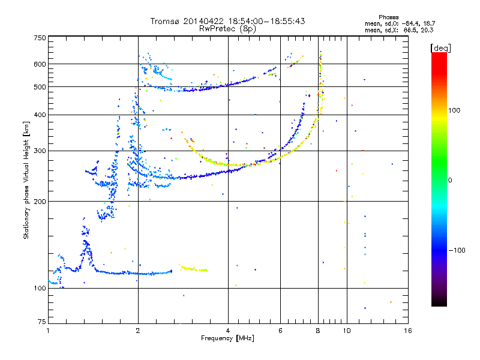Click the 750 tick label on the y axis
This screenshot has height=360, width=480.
(40, 38)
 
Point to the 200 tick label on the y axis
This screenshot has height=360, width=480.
(40, 202)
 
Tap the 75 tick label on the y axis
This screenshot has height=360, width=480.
(42, 322)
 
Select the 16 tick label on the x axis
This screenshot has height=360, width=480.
(407, 331)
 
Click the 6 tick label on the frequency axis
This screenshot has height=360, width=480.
(280, 331)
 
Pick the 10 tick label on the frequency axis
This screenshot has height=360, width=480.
(347, 331)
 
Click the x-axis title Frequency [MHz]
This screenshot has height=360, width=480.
(227, 338)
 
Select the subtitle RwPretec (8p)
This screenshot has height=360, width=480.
(227, 29)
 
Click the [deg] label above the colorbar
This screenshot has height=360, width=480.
(440, 48)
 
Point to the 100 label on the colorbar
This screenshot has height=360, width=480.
(454, 110)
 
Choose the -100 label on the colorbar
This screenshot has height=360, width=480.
(457, 250)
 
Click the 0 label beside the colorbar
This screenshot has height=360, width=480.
(450, 180)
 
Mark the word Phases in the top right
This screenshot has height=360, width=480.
(388, 17)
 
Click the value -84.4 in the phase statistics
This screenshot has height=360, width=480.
(409, 23)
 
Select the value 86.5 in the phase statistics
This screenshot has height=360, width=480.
(410, 30)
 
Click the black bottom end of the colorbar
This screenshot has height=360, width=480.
(439, 304)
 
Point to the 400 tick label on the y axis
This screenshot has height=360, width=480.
(40, 115)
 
